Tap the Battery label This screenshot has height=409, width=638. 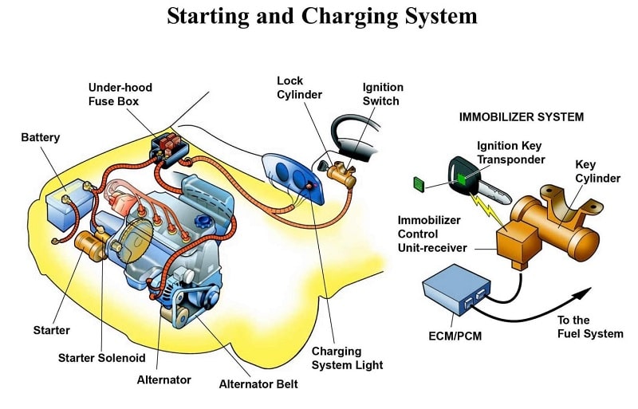40,138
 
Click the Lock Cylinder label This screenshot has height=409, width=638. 299,88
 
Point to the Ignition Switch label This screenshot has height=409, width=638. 383,94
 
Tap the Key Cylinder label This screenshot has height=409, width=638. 597,171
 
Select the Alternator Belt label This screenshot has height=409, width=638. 258,384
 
